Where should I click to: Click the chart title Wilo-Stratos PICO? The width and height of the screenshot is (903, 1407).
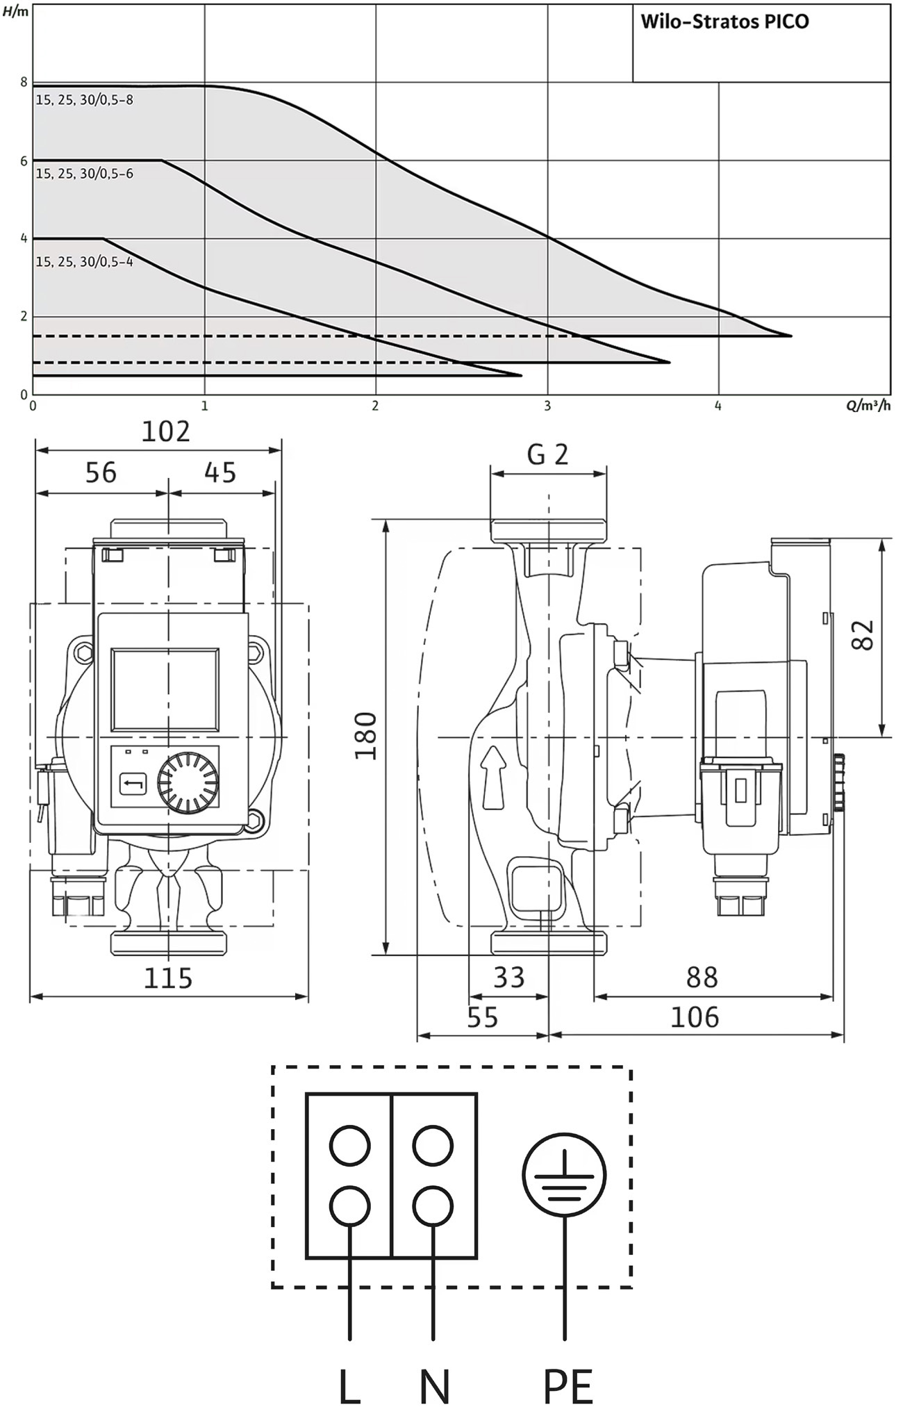click(x=724, y=22)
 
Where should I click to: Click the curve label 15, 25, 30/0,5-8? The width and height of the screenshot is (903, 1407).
click(x=84, y=100)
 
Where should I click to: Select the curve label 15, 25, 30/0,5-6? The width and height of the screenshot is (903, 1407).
click(x=84, y=174)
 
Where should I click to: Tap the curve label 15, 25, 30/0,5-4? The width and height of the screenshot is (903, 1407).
click(x=84, y=262)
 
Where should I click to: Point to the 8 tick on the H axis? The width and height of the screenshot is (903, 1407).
click(x=24, y=82)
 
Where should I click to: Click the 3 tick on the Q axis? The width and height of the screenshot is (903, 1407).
click(x=547, y=405)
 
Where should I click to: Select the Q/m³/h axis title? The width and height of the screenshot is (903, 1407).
click(x=868, y=405)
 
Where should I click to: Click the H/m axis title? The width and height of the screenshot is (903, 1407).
click(x=16, y=11)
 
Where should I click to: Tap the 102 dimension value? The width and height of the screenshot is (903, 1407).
click(x=165, y=431)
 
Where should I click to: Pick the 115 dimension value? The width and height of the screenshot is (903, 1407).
click(x=167, y=978)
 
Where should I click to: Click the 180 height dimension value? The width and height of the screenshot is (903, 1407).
click(x=365, y=736)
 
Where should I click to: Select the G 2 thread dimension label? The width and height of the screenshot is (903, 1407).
click(x=547, y=454)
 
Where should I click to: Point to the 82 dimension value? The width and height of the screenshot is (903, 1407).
click(x=863, y=634)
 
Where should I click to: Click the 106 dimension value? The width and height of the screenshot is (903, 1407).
click(x=695, y=1018)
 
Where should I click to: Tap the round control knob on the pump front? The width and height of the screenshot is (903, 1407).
click(x=188, y=781)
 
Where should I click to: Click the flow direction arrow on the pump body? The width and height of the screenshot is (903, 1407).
click(x=493, y=777)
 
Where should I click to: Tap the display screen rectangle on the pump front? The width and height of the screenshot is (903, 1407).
click(x=165, y=689)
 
